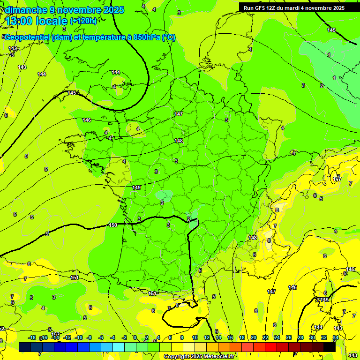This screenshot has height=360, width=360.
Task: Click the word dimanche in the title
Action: point(24,10)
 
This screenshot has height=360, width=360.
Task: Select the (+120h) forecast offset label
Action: point(83,21)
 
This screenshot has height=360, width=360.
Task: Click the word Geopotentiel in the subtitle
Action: point(27,37)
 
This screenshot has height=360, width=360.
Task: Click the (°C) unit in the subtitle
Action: point(169,37)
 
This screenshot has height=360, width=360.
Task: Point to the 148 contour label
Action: point(179,141)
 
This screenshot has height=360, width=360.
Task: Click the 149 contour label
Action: point(136,187)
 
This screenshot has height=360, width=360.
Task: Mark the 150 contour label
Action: point(113,225)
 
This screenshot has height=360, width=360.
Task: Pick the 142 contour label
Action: point(13,49)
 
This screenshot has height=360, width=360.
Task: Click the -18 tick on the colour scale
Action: point(31,337)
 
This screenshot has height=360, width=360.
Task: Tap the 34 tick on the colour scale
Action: point(336,337)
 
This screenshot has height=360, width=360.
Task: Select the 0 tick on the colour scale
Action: point(135,337)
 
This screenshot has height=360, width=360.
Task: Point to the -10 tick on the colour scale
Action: point(78,337)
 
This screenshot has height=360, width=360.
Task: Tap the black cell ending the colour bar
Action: point(330,347)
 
